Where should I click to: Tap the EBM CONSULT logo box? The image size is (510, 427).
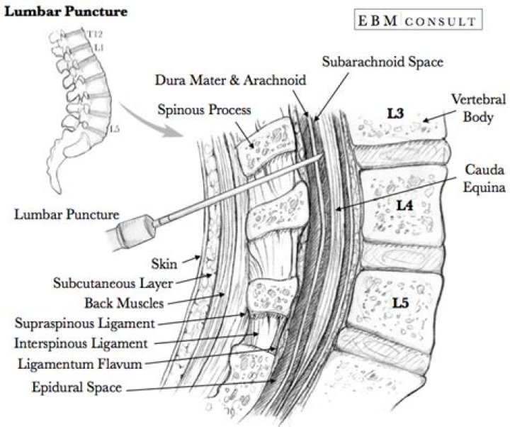[416, 21]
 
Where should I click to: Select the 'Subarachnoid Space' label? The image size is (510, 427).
[382, 62]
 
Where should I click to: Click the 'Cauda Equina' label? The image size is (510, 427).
[484, 179]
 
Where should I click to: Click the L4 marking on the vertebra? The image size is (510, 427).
[404, 206]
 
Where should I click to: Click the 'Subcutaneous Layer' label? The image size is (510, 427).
[113, 284]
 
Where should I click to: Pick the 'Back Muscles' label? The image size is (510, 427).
[125, 304]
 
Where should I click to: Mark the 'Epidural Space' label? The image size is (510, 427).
[76, 387]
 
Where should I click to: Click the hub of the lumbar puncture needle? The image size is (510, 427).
[132, 230]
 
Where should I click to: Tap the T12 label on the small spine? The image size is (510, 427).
[95, 33]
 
